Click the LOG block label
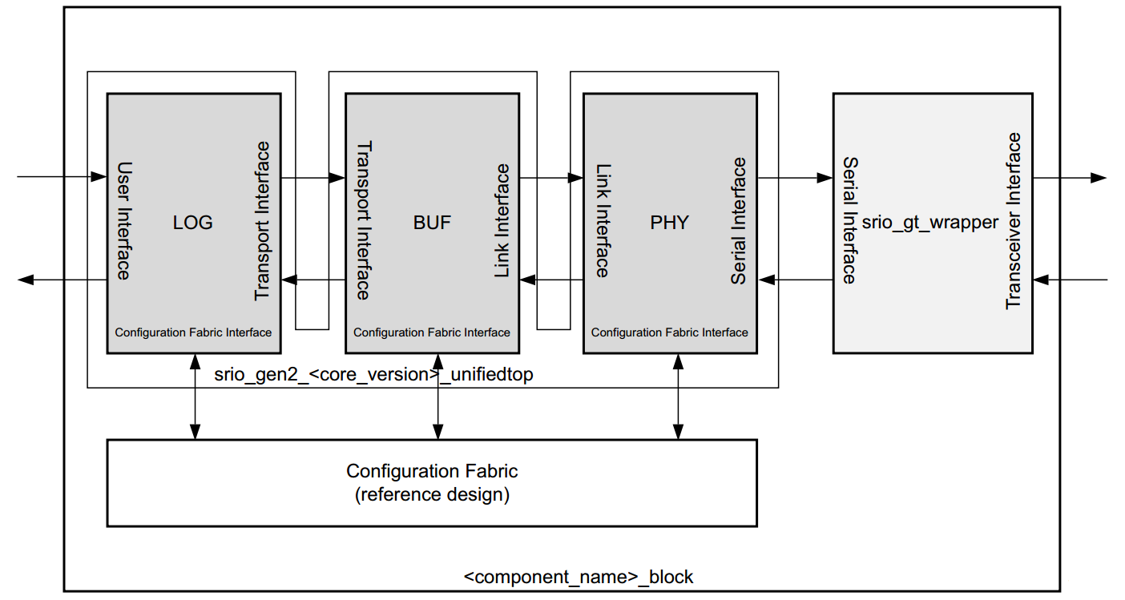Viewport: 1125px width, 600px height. click(x=193, y=223)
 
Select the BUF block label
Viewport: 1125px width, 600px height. click(x=432, y=223)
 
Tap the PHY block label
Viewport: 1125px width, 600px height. click(x=669, y=223)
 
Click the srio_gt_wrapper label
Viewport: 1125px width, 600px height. click(x=929, y=223)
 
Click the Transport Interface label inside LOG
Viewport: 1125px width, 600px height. click(x=262, y=221)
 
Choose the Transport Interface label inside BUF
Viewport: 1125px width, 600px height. click(x=363, y=221)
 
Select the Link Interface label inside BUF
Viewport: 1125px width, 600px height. click(x=502, y=221)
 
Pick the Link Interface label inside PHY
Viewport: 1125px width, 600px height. click(x=602, y=221)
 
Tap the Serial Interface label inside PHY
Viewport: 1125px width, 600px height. click(x=739, y=221)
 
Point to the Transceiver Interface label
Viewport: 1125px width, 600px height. click(x=1014, y=221)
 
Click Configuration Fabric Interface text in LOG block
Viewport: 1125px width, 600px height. click(x=193, y=332)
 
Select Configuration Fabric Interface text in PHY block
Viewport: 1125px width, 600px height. click(x=669, y=332)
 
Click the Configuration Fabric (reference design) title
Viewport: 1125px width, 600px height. click(x=432, y=483)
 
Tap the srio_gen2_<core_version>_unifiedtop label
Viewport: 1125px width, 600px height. click(x=373, y=374)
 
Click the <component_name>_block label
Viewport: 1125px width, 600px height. click(x=579, y=577)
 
